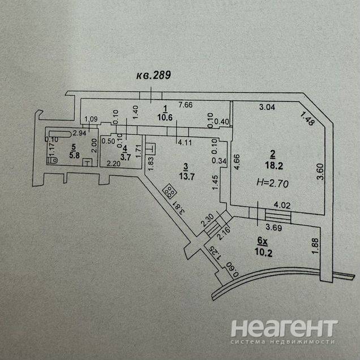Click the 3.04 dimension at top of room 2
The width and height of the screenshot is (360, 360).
(x=268, y=106)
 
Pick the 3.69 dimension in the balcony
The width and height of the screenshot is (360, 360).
(x=273, y=228)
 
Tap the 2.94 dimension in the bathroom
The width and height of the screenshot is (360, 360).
(x=79, y=134)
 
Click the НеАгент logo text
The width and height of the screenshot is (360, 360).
(x=284, y=328)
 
